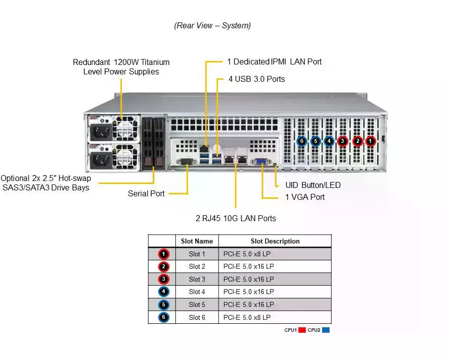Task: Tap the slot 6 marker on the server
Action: click(302, 141)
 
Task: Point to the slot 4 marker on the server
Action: click(329, 141)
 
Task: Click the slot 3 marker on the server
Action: click(342, 141)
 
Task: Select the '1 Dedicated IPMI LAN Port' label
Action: click(274, 62)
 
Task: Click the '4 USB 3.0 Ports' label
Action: click(256, 79)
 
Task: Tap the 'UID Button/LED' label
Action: click(313, 185)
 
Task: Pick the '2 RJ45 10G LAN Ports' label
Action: click(235, 218)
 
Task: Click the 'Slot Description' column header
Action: click(275, 241)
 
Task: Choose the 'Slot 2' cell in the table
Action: click(197, 267)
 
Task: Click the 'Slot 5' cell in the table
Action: click(197, 304)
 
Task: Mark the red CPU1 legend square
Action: click(302, 330)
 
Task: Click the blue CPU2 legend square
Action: click(326, 330)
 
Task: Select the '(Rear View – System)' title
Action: click(212, 25)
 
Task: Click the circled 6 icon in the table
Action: click(165, 317)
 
